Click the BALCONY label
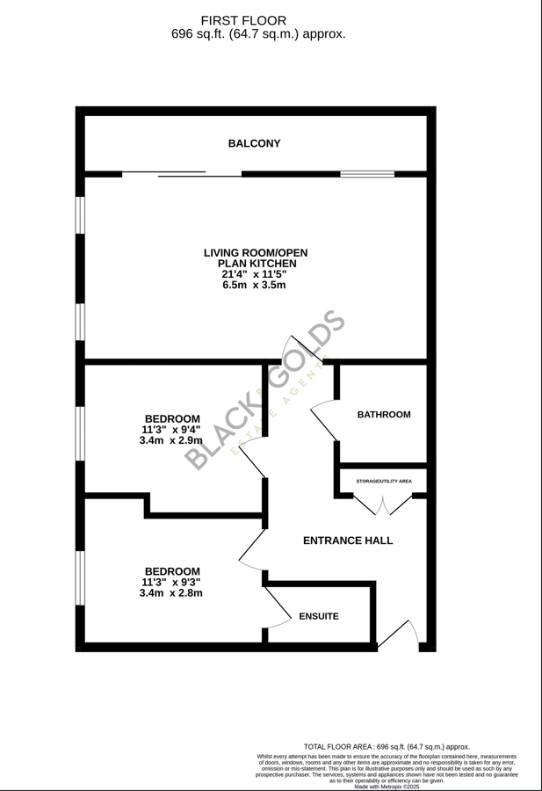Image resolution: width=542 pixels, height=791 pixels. coord(254,143)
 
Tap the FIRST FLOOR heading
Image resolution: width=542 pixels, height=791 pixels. coord(243,20)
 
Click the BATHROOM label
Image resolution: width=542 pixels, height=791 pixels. coord(383,414)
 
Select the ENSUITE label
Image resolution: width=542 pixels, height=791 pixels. coord(318,616)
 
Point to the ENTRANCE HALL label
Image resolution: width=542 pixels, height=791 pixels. coord(347,541)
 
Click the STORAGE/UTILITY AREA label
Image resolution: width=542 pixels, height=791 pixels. coord(383,482)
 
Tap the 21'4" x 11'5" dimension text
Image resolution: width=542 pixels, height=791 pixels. coord(254,274)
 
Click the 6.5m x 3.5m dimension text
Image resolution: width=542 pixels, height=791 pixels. coord(254,286)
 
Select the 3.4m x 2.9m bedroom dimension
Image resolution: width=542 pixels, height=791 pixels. coord(170,440)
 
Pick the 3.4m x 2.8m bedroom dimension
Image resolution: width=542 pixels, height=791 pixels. coord(170,593)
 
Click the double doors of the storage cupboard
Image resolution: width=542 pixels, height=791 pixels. coord(383,505)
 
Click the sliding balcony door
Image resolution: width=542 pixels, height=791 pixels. coord(181,174)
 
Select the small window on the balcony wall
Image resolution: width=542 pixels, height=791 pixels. coord(367,174)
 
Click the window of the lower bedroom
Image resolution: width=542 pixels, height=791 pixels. coord(80,577)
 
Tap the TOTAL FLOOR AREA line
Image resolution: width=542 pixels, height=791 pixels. coord(387,746)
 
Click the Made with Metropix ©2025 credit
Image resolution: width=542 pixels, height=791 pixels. coord(387,787)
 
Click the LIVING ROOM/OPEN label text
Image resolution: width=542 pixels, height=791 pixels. coord(256,253)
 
